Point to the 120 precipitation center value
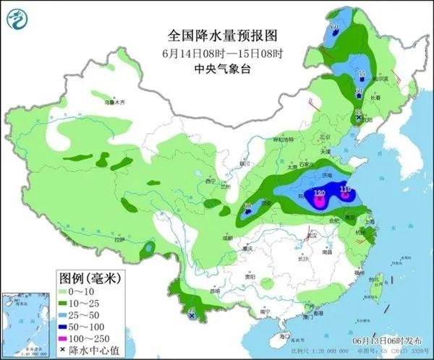tap(318, 194)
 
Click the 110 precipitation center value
tap(345, 189)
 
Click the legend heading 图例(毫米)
tap(88, 277)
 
